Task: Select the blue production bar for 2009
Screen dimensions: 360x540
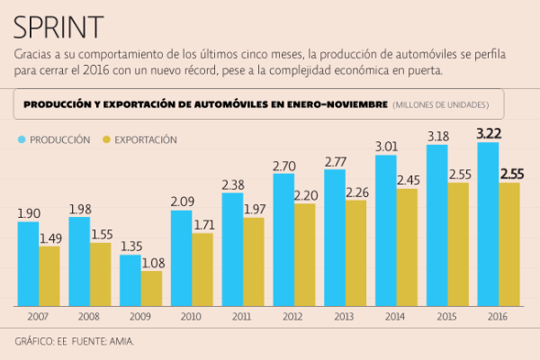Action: coord(130,280)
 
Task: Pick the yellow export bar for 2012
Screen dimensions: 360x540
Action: coord(305,254)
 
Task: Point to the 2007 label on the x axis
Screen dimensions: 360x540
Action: coord(39,318)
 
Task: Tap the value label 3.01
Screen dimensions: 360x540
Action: coord(386,146)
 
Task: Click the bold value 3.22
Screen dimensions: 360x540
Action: coord(489,133)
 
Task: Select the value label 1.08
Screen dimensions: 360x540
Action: coord(152,263)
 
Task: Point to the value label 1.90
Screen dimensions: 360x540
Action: coord(29,213)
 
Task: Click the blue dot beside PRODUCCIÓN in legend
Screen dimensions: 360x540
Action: coord(22,139)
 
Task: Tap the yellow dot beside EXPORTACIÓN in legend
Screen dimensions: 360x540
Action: coord(106,139)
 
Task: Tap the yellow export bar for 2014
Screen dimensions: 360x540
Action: coord(407,247)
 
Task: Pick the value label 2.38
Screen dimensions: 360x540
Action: coord(233,185)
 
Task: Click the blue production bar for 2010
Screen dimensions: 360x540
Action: coord(182,257)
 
